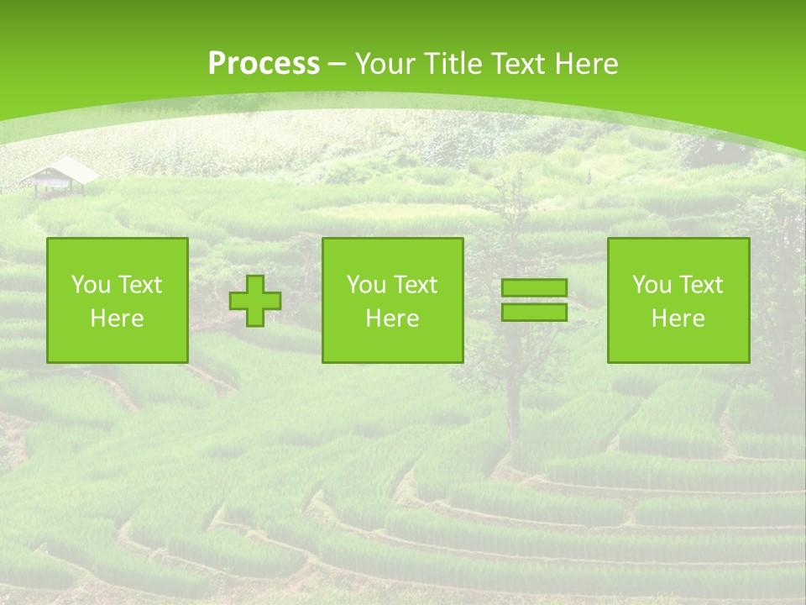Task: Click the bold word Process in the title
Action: tap(264, 64)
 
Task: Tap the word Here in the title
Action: tap(585, 64)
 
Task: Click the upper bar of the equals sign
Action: tap(534, 288)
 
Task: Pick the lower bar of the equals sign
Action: tap(534, 312)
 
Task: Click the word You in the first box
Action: tap(90, 285)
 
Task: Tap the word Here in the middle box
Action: tap(393, 318)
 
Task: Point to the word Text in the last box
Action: tap(701, 285)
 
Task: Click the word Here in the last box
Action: tap(678, 318)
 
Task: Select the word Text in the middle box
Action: tap(416, 285)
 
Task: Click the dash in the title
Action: tap(338, 64)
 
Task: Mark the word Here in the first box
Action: tap(118, 318)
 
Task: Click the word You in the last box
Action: tap(651, 285)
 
